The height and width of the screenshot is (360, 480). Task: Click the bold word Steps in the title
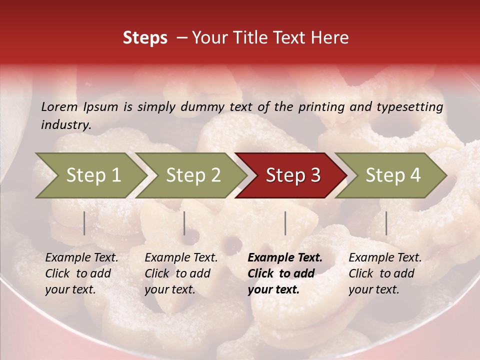(145, 38)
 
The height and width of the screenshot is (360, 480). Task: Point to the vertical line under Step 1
(84, 223)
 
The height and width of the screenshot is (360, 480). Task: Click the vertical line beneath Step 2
(184, 223)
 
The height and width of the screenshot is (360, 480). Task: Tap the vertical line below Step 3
(285, 223)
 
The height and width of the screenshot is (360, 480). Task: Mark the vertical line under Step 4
(386, 223)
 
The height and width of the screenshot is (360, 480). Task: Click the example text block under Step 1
(81, 273)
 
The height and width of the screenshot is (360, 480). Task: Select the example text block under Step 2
(181, 273)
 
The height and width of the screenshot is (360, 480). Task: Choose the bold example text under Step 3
(285, 273)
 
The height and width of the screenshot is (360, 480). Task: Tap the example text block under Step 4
(385, 273)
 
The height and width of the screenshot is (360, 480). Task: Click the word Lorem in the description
(59, 106)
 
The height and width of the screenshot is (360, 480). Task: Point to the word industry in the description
(66, 125)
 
